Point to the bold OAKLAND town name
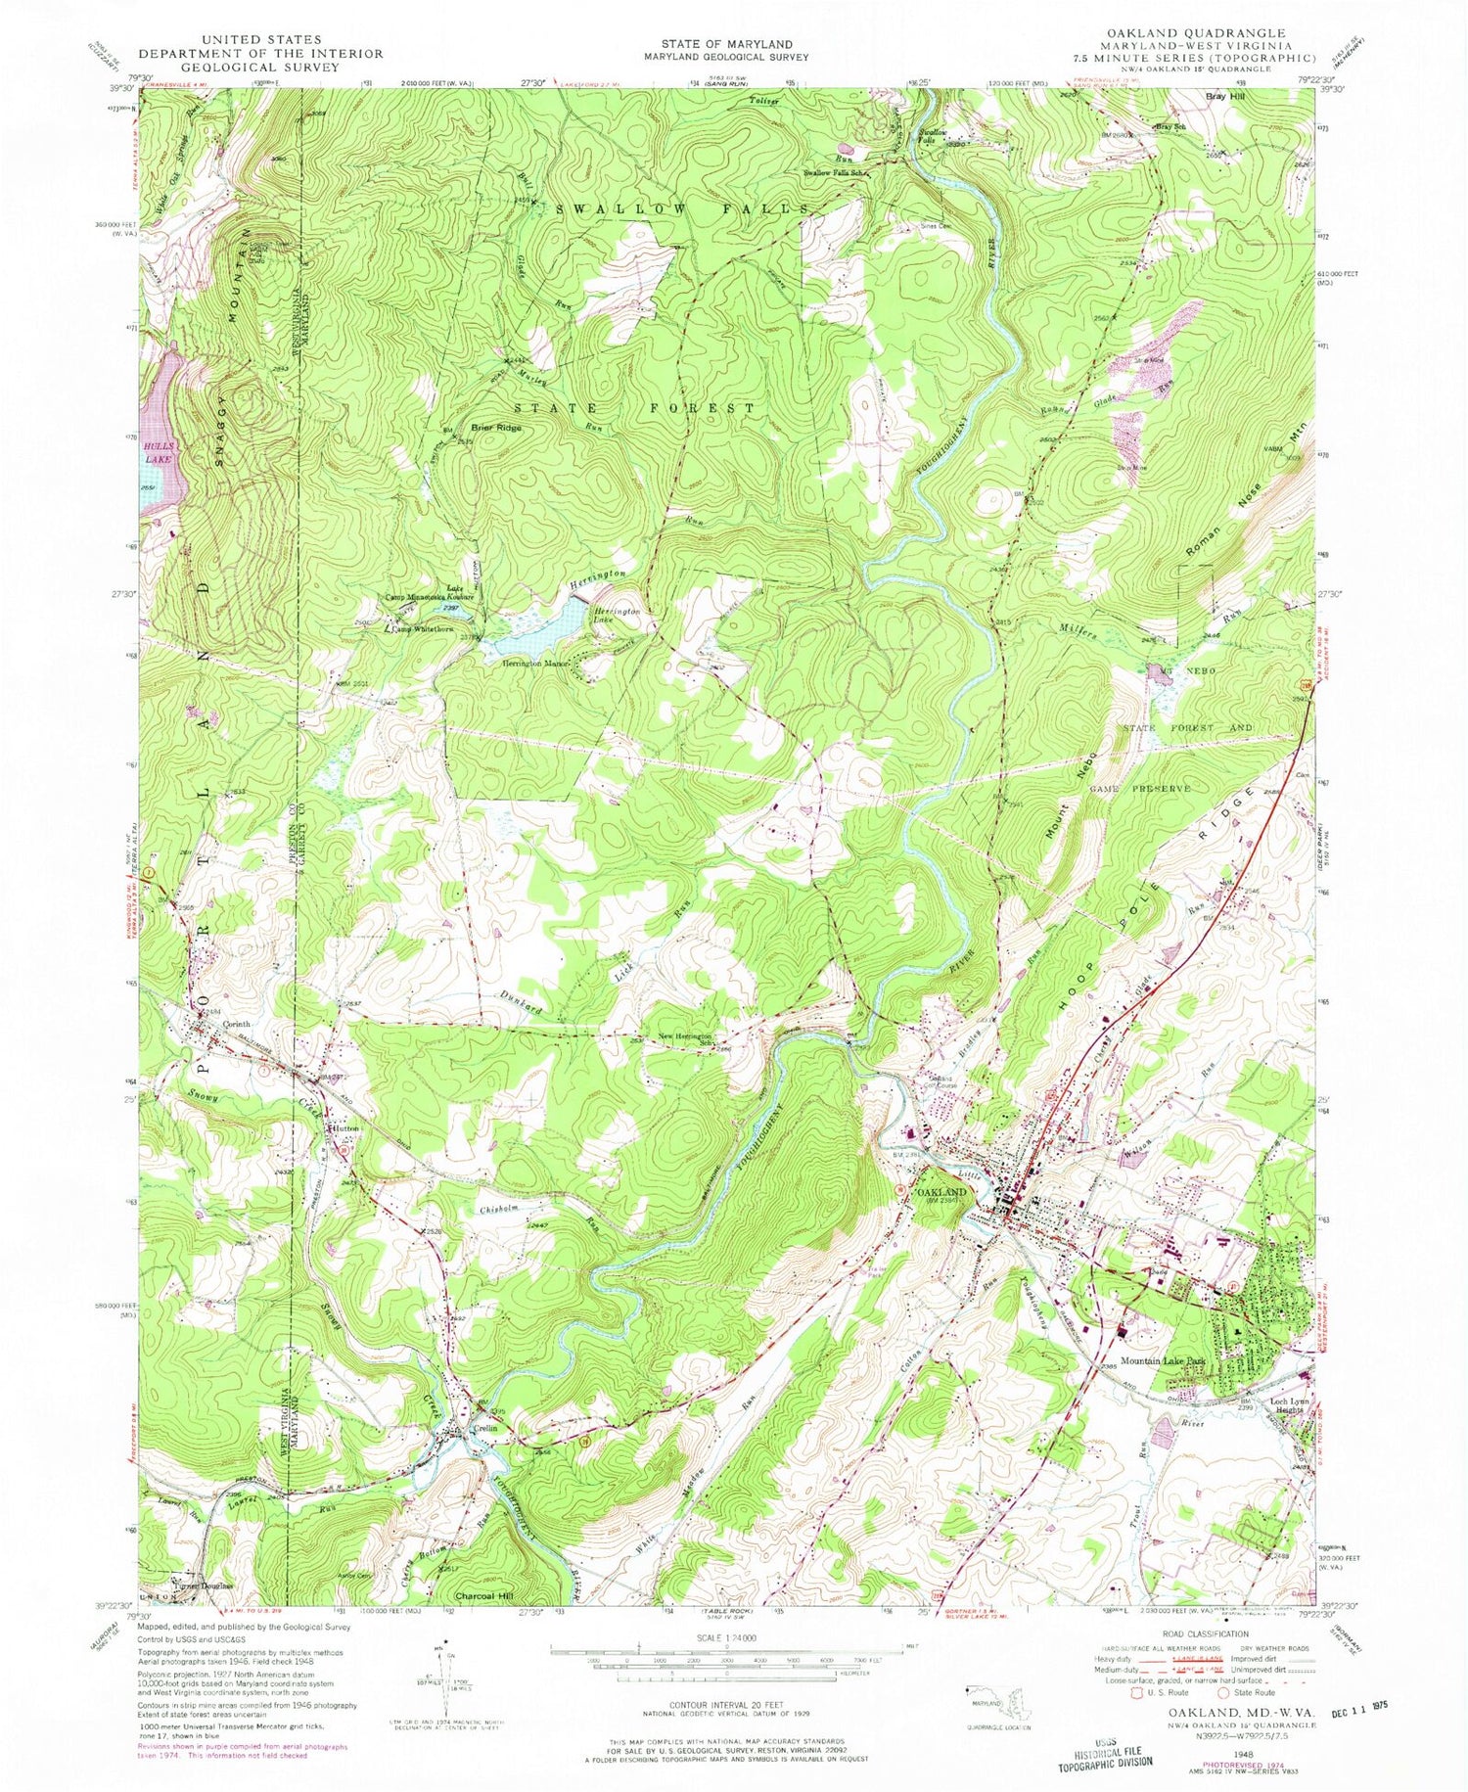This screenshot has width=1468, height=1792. coord(941,1192)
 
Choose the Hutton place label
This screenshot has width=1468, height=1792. coord(344,1128)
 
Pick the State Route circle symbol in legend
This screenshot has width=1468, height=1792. coord(1224,1690)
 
